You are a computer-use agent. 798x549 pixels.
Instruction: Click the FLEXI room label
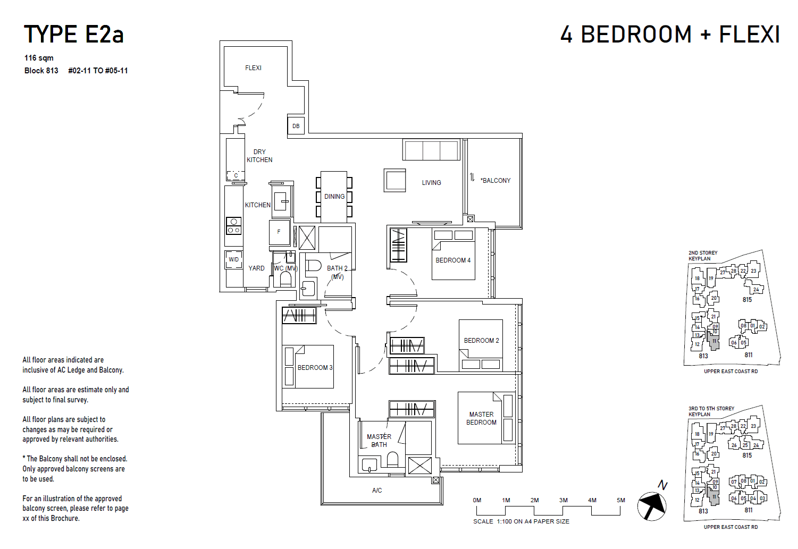(x=253, y=68)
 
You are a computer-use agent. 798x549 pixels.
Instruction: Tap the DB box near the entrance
(x=296, y=126)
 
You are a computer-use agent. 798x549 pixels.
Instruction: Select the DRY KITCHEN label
(x=259, y=156)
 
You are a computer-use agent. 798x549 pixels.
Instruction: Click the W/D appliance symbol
(x=234, y=259)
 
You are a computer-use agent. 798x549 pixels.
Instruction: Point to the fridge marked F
(x=279, y=232)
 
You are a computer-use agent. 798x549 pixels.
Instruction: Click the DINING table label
(x=334, y=197)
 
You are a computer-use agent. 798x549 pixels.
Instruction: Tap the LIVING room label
(x=431, y=183)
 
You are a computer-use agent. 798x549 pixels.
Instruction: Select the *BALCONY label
(x=495, y=181)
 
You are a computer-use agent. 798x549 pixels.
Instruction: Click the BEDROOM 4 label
(x=453, y=260)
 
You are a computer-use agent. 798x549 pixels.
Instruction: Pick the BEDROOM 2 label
(x=481, y=341)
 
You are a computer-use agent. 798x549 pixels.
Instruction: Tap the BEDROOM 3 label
(x=315, y=368)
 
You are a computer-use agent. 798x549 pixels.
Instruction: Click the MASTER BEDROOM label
(x=481, y=418)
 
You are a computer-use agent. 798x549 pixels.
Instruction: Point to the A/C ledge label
(x=377, y=491)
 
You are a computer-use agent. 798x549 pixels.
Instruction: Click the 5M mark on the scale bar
(x=620, y=500)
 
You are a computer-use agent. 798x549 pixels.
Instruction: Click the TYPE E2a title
(x=74, y=35)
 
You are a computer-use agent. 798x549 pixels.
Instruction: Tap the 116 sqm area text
(x=39, y=58)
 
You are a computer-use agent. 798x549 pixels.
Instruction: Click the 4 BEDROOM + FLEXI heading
(x=670, y=35)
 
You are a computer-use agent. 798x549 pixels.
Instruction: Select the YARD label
(x=256, y=268)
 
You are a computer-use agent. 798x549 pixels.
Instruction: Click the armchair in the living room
(x=395, y=180)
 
